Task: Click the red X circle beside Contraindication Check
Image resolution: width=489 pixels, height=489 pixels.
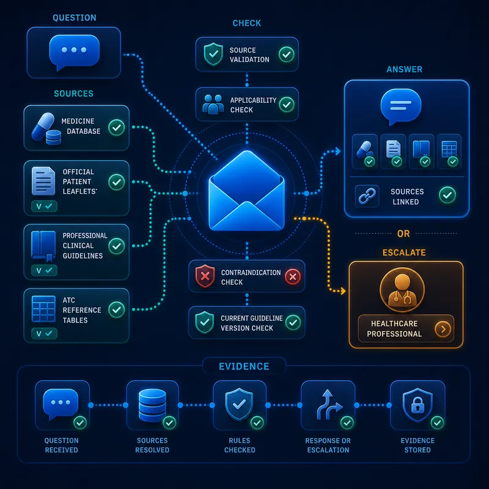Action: pyautogui.click(x=293, y=277)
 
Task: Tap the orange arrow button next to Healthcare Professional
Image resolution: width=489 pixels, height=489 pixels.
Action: pyautogui.click(x=443, y=329)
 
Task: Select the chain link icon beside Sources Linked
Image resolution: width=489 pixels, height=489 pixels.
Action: pyautogui.click(x=367, y=196)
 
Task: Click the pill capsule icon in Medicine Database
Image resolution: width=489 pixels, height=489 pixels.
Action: pyautogui.click(x=43, y=127)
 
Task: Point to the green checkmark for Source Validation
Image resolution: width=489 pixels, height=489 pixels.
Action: pyautogui.click(x=287, y=54)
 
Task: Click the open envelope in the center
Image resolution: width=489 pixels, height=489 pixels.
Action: pyautogui.click(x=246, y=191)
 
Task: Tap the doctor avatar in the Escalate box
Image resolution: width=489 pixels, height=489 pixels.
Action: pyautogui.click(x=402, y=290)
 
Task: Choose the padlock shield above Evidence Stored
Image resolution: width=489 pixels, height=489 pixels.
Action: pyautogui.click(x=417, y=405)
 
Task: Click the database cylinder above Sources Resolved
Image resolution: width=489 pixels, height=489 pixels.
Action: pyautogui.click(x=152, y=405)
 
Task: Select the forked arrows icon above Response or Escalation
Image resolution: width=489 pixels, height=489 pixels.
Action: pyautogui.click(x=329, y=405)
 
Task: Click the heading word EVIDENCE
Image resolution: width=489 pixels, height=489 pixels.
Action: pyautogui.click(x=244, y=366)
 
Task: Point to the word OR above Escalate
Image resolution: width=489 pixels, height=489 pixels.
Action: pyautogui.click(x=403, y=233)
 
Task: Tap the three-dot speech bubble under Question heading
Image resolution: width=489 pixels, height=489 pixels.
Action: pyautogui.click(x=74, y=52)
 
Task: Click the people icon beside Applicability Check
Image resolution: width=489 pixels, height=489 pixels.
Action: pyautogui.click(x=213, y=104)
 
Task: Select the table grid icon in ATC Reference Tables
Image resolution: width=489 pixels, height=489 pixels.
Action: pyautogui.click(x=43, y=309)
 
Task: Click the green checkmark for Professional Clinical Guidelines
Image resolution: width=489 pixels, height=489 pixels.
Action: pyautogui.click(x=117, y=246)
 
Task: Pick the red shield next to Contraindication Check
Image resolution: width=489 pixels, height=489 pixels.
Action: pyautogui.click(x=205, y=276)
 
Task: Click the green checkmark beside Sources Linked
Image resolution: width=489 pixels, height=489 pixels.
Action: pyautogui.click(x=447, y=195)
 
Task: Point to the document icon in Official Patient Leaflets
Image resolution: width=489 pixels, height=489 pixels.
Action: pyautogui.click(x=43, y=181)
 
